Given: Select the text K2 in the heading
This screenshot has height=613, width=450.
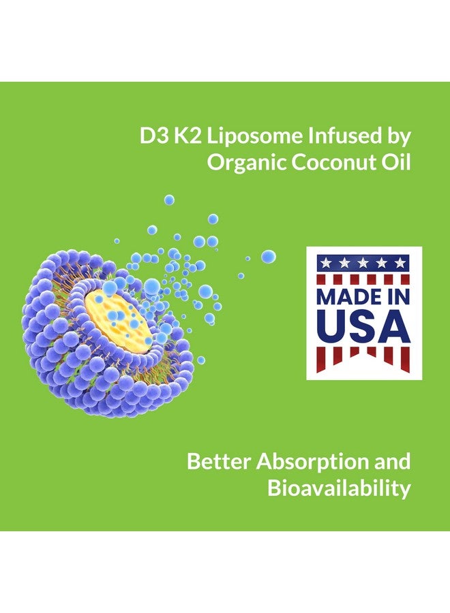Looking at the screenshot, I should click(x=189, y=136).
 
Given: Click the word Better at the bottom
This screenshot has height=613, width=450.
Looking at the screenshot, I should click(x=219, y=461).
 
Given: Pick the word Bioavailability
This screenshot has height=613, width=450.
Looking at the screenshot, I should click(x=339, y=488).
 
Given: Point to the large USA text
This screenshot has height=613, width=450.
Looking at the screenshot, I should click(x=363, y=328).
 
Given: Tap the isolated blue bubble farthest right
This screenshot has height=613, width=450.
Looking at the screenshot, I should click(x=269, y=256).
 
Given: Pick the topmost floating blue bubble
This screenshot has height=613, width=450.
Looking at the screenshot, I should click(x=169, y=200).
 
